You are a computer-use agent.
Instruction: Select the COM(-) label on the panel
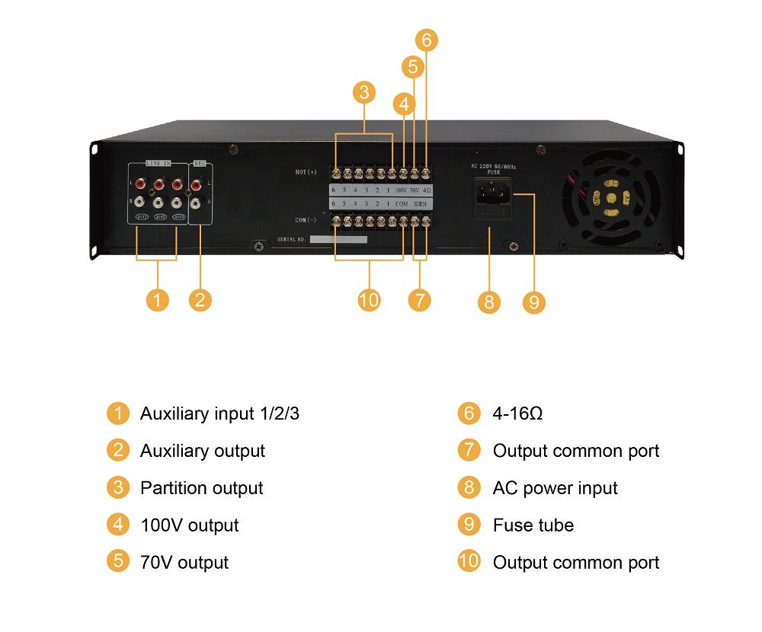pos(306,221)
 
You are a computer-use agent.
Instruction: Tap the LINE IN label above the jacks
pos(158,164)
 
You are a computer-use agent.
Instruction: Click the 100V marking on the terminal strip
pos(400,190)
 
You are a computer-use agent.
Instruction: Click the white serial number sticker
pos(338,239)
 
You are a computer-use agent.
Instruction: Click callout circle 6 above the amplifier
pos(427,40)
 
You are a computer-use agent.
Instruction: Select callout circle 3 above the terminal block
pos(364,92)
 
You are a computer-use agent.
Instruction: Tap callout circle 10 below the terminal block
pos(369,300)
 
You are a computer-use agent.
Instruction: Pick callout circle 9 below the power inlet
pos(534,302)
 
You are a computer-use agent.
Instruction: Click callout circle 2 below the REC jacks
pos(200,300)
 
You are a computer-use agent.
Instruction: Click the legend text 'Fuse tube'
pos(533,525)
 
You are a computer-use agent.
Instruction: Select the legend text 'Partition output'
pos(201,488)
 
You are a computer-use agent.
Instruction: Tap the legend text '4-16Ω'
pos(517,413)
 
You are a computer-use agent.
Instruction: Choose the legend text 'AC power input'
pos(555,488)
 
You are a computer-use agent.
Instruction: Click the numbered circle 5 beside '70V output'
pos(117,562)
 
